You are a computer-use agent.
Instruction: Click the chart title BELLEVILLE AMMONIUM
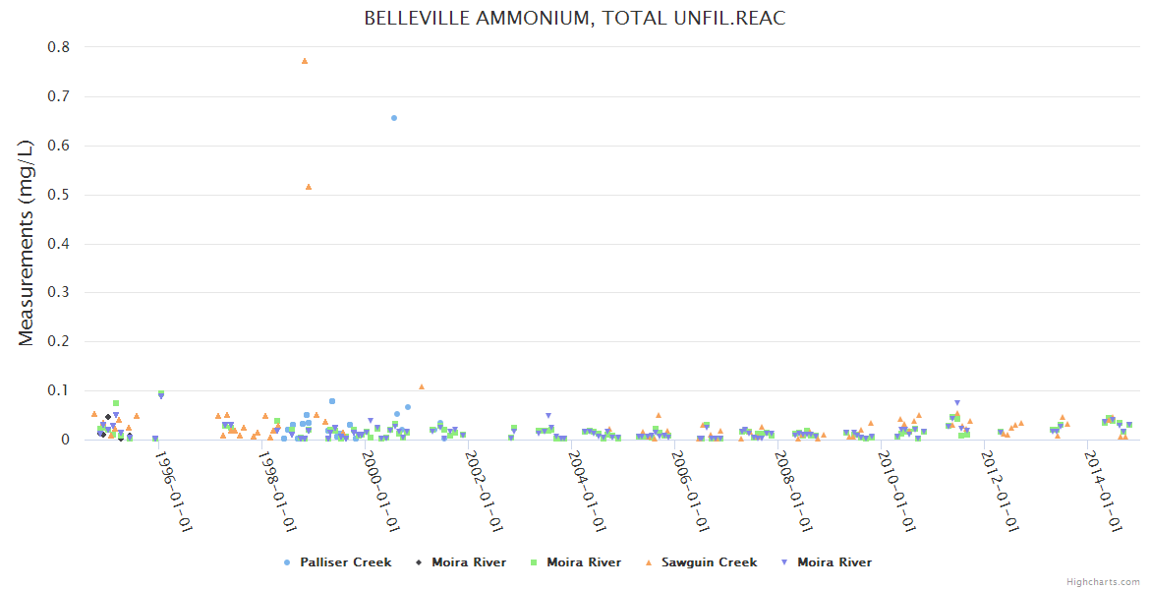(x=575, y=19)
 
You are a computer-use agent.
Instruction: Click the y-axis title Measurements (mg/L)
(x=27, y=242)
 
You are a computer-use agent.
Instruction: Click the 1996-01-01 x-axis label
(x=173, y=491)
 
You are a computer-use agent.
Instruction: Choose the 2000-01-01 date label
(x=379, y=491)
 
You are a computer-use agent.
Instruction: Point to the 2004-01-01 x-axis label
(x=587, y=491)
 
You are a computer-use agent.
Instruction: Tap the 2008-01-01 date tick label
(x=794, y=491)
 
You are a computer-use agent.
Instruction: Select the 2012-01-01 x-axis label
(x=1001, y=491)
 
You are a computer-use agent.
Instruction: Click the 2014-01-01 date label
(x=1105, y=491)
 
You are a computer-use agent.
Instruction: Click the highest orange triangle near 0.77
(x=305, y=61)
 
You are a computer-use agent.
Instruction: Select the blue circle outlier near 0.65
(x=394, y=118)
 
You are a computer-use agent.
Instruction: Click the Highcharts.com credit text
(x=1103, y=582)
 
